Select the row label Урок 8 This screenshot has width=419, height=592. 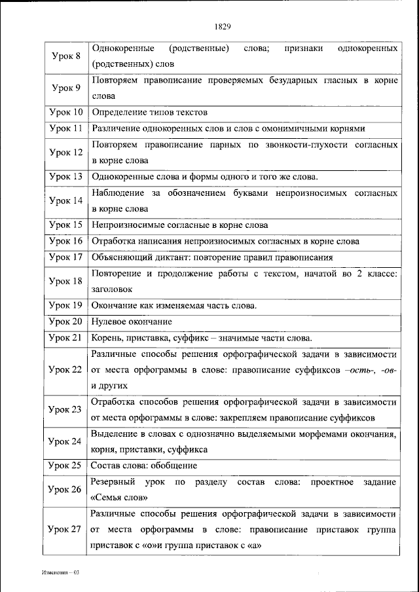(x=65, y=57)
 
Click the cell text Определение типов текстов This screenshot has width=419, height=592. (x=149, y=112)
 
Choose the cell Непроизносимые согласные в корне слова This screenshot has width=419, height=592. (x=175, y=225)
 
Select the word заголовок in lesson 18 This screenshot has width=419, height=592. (x=112, y=288)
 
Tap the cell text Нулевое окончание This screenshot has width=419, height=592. (x=132, y=322)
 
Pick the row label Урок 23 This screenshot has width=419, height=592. (x=65, y=409)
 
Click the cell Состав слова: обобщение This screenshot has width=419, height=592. (x=144, y=466)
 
